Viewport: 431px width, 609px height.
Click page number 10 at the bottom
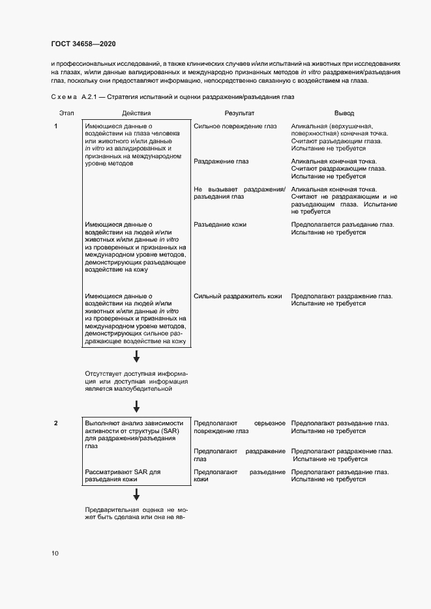pos(55,554)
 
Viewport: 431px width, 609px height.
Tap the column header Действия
pos(136,113)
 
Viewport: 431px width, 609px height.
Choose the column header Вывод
pos(344,113)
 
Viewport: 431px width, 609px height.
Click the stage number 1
pos(56,126)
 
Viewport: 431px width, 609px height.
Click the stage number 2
pos(56,423)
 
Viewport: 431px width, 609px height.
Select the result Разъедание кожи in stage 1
pos(220,225)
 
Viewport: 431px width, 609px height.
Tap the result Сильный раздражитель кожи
pos(238,296)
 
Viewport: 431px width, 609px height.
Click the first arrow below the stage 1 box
pos(136,356)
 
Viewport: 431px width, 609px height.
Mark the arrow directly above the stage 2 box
pos(136,406)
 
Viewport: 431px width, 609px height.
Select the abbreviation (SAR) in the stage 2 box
pos(175,431)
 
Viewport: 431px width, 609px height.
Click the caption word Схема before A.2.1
pos(63,97)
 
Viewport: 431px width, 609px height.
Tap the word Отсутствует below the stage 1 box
pos(102,373)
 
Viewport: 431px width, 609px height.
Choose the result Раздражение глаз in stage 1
pos(221,162)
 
